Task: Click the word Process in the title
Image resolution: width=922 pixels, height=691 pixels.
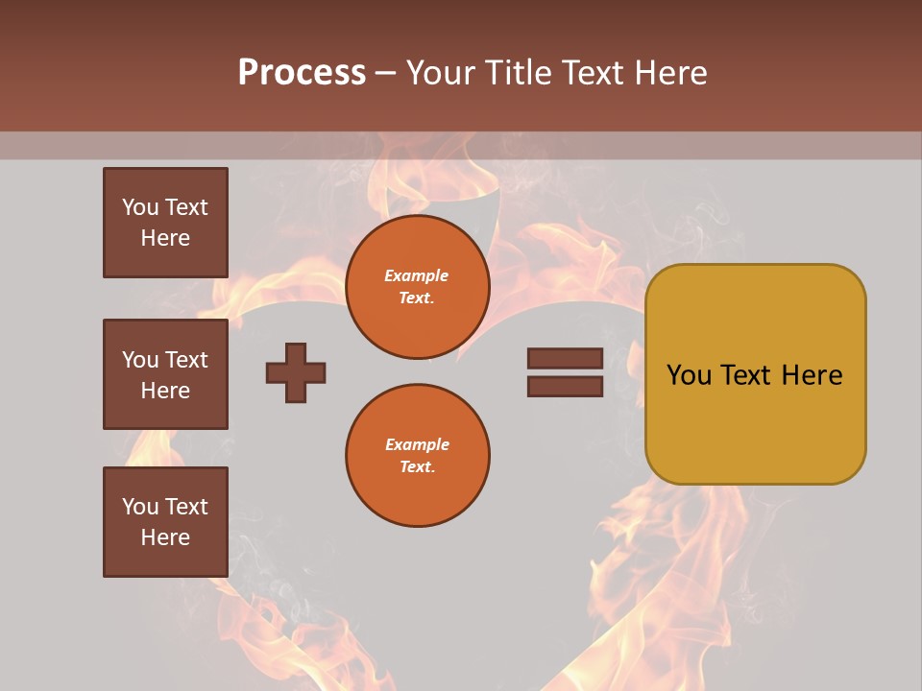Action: click(302, 73)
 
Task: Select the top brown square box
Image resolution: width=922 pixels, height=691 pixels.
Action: click(165, 223)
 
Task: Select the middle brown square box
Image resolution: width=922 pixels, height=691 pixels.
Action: click(165, 374)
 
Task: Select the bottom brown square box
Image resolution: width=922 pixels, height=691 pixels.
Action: click(165, 522)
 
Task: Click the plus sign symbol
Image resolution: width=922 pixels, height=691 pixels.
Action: click(296, 372)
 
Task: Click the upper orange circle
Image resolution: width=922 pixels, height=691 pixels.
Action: click(417, 287)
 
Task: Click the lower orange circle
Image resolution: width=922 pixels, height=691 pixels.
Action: click(417, 456)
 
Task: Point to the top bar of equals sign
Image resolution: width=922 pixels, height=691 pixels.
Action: click(565, 358)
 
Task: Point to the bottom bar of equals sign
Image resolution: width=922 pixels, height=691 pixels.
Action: click(565, 387)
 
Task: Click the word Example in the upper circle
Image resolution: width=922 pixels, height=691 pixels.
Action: click(416, 275)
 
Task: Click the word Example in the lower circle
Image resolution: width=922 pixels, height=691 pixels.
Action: click(417, 444)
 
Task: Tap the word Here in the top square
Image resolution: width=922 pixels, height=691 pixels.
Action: click(165, 238)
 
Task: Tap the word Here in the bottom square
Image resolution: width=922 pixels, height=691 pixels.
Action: click(165, 537)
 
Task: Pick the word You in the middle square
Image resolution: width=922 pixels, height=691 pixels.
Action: click(139, 360)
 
